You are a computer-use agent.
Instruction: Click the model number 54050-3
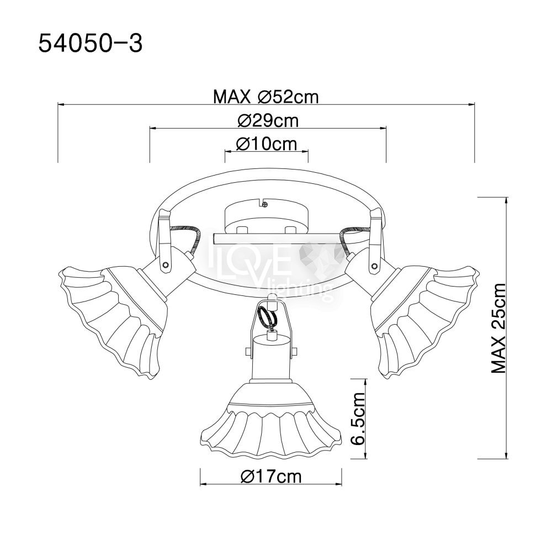pos(90,44)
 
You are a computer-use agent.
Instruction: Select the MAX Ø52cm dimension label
pos(266,97)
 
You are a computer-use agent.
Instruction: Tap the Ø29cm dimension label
pos(268,120)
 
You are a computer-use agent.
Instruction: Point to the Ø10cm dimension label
pos(267,144)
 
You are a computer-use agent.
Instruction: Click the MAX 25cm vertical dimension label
pos(498,328)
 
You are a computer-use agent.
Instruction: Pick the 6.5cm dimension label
pos(358,419)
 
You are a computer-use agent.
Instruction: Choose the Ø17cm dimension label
pos(271,477)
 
